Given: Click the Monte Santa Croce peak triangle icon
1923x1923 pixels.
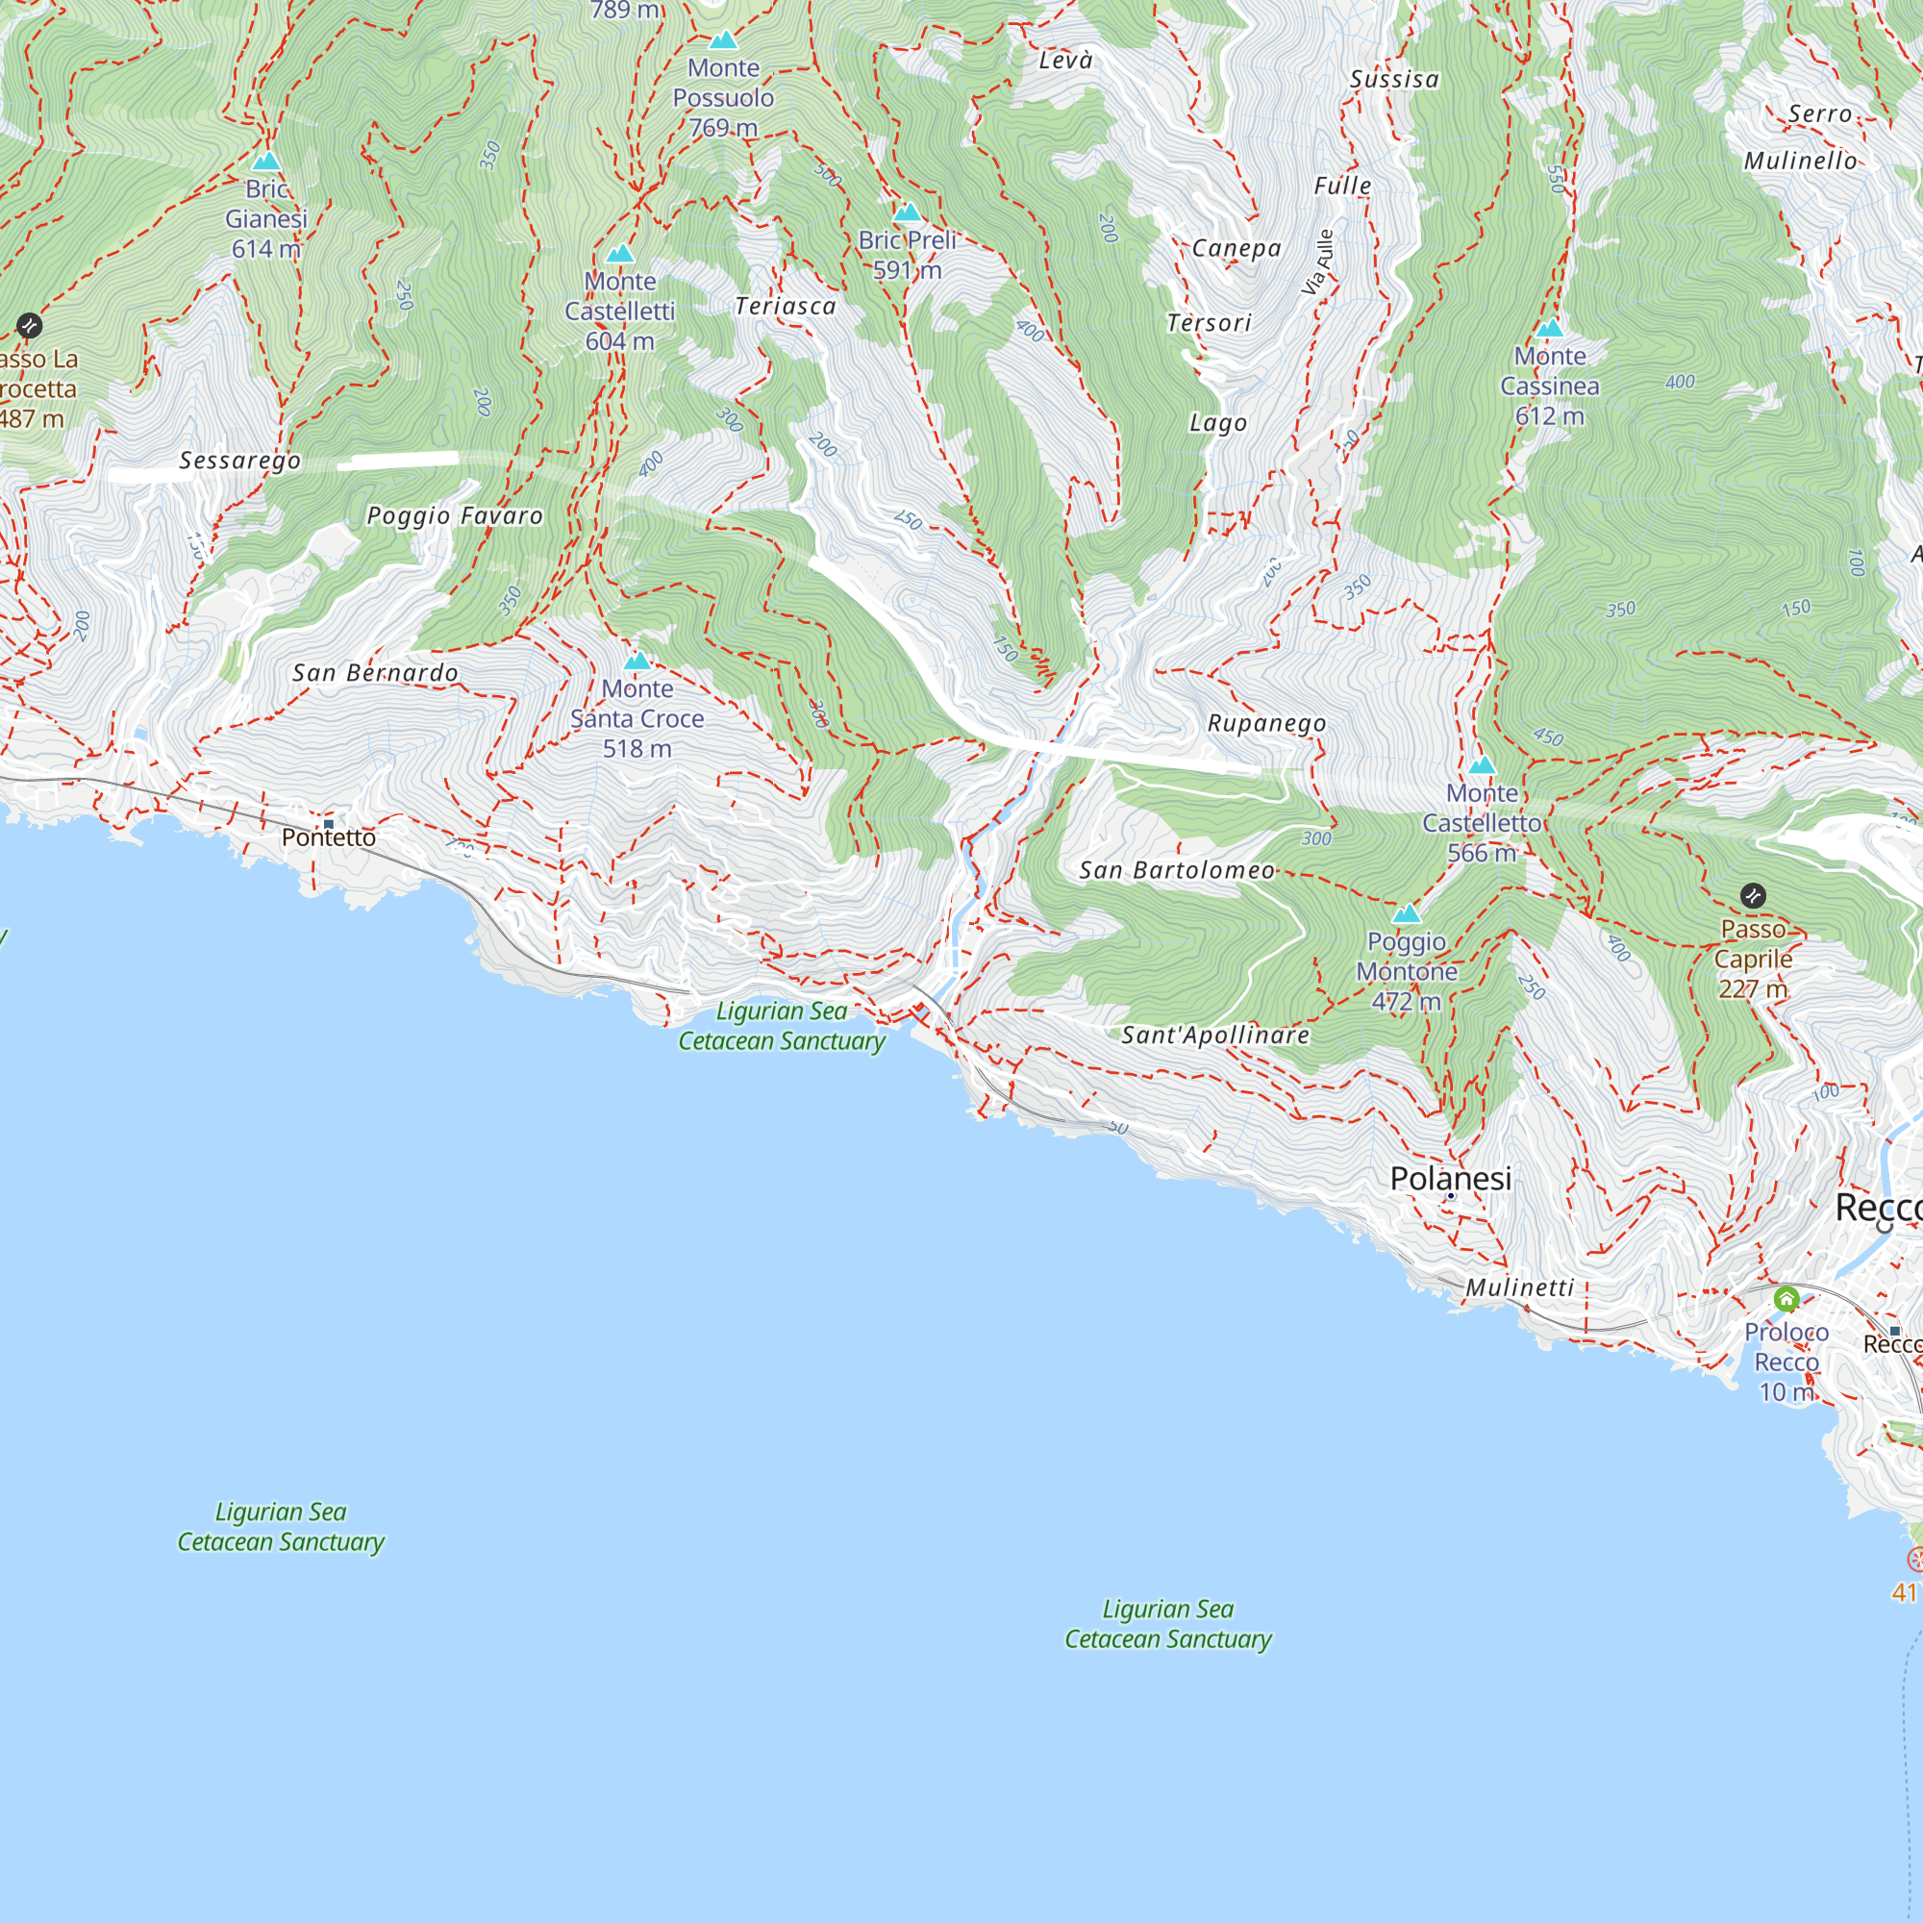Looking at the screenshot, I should [637, 662].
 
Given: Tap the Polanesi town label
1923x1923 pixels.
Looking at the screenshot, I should [1450, 1179].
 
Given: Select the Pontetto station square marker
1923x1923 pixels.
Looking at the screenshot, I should [329, 824].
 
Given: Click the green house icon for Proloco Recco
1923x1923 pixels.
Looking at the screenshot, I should [1786, 1299].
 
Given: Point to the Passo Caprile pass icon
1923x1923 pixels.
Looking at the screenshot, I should [1753, 896].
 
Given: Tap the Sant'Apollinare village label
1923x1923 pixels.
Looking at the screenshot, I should [1215, 1036].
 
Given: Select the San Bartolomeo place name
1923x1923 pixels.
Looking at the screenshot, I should [1177, 871].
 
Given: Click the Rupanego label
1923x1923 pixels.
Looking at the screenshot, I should [1266, 724].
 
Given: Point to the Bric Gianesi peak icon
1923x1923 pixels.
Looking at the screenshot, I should [265, 162].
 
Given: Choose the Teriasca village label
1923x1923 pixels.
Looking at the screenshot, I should [786, 307].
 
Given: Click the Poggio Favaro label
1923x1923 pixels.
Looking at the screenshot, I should [455, 515].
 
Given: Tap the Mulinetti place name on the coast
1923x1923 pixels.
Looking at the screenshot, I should [1520, 1288].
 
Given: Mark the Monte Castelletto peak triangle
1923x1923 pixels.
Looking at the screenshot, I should [1482, 765].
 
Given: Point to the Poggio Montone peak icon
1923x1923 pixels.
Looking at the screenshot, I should [1406, 913].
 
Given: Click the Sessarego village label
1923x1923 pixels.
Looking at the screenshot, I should [239, 461].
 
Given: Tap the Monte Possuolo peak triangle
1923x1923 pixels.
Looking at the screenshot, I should [723, 40].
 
